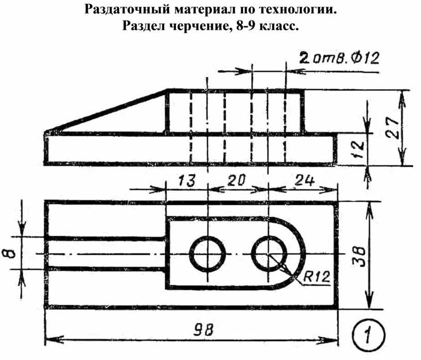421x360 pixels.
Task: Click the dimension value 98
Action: click(203, 330)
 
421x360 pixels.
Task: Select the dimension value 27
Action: click(393, 127)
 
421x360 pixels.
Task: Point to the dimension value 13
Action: click(187, 180)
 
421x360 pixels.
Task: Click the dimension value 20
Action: click(236, 180)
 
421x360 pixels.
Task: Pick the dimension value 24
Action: click(304, 180)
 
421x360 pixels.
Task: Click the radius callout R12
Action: click(316, 276)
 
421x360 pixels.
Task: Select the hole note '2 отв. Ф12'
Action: click(339, 58)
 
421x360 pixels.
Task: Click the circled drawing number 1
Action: click(368, 334)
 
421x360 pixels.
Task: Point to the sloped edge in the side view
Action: click(107, 111)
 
